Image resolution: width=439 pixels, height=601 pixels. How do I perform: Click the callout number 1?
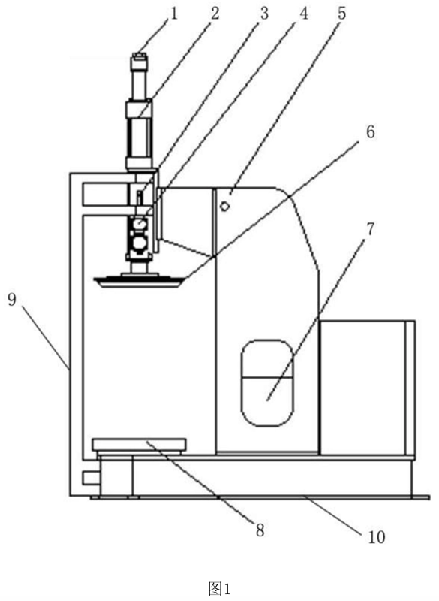tap(174, 14)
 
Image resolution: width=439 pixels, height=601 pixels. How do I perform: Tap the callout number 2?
tap(215, 14)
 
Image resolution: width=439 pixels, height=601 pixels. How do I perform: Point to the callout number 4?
tap(303, 14)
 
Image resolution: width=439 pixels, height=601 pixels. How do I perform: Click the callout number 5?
tap(341, 14)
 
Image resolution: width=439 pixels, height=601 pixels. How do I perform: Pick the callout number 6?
tap(370, 132)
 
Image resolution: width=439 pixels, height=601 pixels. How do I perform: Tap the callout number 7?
tap(370, 229)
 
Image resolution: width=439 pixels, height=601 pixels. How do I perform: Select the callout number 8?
tap(260, 530)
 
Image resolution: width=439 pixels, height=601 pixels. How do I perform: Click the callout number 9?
tap(12, 299)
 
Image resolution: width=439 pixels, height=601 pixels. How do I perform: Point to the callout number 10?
tap(377, 536)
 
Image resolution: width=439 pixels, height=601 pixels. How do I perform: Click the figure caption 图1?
tap(219, 588)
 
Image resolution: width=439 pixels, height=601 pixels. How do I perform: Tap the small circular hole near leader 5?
tap(224, 206)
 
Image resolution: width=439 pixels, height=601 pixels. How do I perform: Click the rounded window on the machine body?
tap(267, 383)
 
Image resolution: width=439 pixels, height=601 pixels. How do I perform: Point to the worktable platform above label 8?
tap(140, 445)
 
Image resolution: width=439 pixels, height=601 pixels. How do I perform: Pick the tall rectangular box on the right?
tap(368, 388)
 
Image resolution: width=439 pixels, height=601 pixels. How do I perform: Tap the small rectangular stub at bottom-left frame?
tap(92, 477)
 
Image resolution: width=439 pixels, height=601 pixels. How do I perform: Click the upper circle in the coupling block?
tap(140, 223)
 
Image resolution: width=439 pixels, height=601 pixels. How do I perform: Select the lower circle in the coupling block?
tap(140, 242)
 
